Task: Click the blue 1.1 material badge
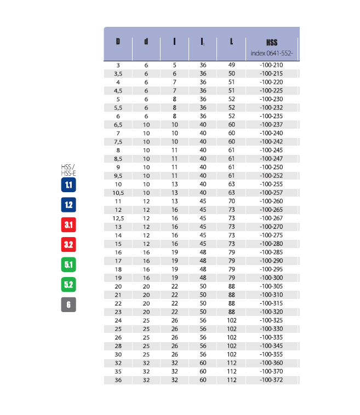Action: click(x=68, y=185)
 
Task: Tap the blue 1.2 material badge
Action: click(x=68, y=205)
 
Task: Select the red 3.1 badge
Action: click(x=68, y=225)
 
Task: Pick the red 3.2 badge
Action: click(x=68, y=245)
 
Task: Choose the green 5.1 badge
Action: click(x=68, y=265)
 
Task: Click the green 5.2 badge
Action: click(x=68, y=285)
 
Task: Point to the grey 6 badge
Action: click(x=68, y=305)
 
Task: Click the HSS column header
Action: click(x=271, y=42)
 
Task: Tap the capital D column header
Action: click(x=118, y=42)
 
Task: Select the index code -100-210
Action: click(x=271, y=65)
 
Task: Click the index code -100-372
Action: click(x=271, y=380)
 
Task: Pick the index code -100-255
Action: click(x=271, y=184)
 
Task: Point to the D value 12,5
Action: click(x=118, y=218)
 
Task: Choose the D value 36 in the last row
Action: click(x=118, y=380)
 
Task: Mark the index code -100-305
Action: click(x=271, y=286)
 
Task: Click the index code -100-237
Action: click(x=271, y=124)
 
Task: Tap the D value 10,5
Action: click(x=118, y=193)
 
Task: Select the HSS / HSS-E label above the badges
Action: click(x=68, y=169)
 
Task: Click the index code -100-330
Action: click(x=271, y=328)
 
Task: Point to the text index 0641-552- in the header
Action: click(x=272, y=53)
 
